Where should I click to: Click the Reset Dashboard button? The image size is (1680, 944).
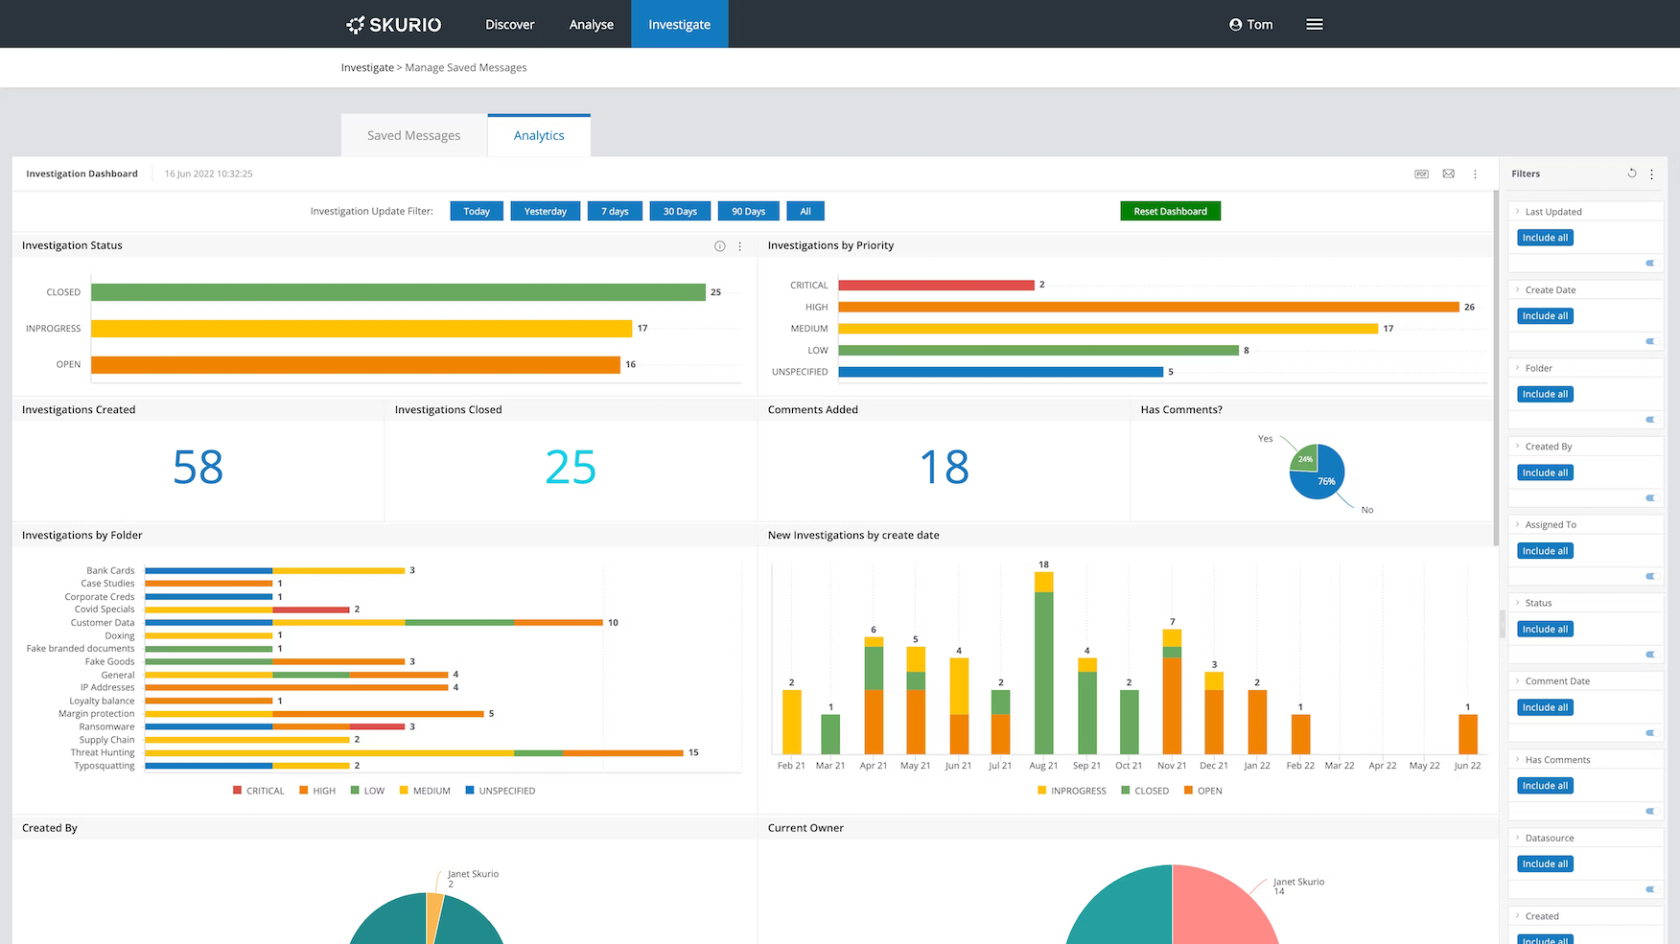[1170, 211]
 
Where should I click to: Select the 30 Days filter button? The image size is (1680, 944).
[680, 211]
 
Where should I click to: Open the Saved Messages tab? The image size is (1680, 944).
[413, 135]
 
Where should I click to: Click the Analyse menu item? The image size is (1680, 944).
[591, 24]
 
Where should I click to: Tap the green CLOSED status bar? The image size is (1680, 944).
[398, 292]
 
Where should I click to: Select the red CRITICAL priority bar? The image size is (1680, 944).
[936, 285]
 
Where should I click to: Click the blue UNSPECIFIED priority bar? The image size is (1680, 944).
[1000, 372]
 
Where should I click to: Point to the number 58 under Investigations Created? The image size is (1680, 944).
[198, 468]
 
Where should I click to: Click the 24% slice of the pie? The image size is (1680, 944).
[1305, 458]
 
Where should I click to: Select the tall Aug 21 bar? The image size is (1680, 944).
[1043, 671]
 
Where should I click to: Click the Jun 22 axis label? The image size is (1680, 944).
[1467, 766]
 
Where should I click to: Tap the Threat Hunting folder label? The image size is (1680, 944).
[103, 753]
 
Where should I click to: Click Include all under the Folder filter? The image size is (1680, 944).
[1546, 394]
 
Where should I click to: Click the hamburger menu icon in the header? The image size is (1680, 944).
[1314, 24]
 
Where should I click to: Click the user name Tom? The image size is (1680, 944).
[1259, 24]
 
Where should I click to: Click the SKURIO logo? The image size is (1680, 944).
[394, 24]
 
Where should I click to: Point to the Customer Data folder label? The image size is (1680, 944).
[103, 623]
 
